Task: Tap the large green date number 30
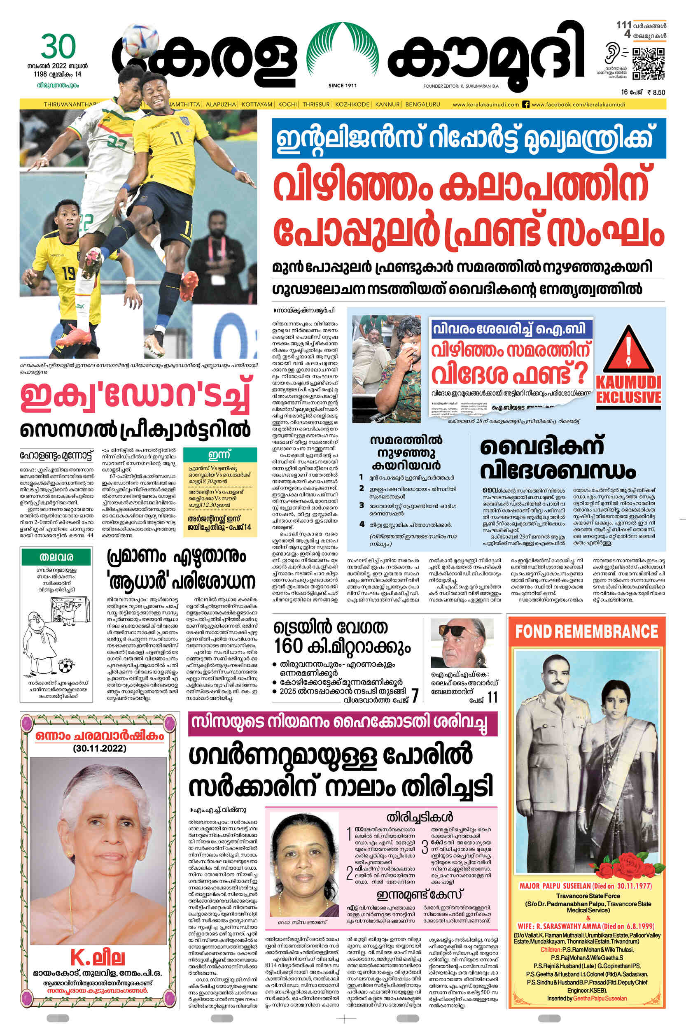point(58,47)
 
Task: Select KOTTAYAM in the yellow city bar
point(257,105)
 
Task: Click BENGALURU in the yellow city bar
point(422,105)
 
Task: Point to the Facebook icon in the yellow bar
point(526,105)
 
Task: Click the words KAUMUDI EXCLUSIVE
point(628,390)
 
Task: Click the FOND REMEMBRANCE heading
point(586,631)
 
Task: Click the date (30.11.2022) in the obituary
point(100,748)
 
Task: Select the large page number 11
point(492,697)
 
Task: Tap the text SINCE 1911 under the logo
point(342,86)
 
